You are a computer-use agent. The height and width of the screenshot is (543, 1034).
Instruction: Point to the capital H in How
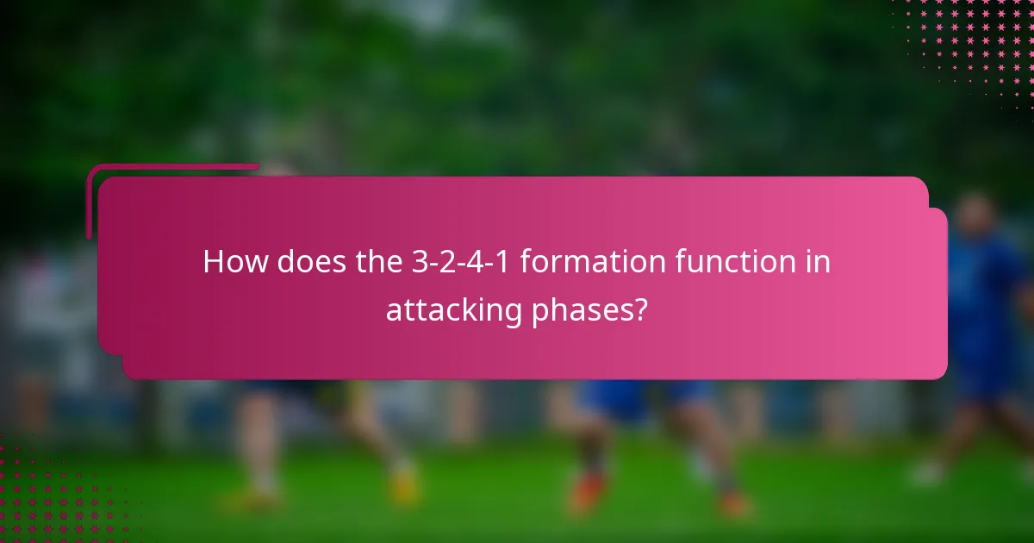pos(213,262)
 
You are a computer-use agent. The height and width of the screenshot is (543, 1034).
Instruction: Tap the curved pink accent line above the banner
pos(172,167)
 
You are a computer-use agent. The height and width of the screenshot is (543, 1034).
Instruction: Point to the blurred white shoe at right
pos(927,472)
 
